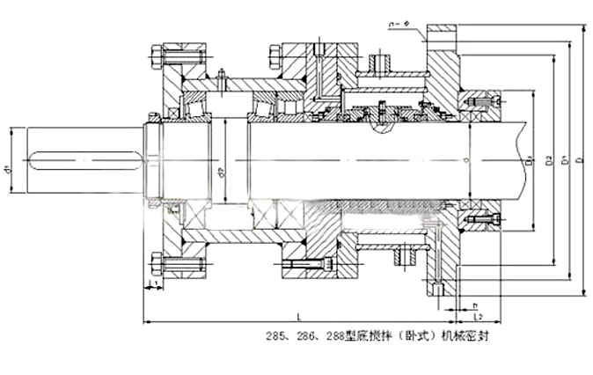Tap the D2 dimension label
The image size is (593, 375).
tap(549, 161)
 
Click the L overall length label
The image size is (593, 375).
tap(300, 314)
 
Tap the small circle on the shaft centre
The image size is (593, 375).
tap(465, 161)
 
